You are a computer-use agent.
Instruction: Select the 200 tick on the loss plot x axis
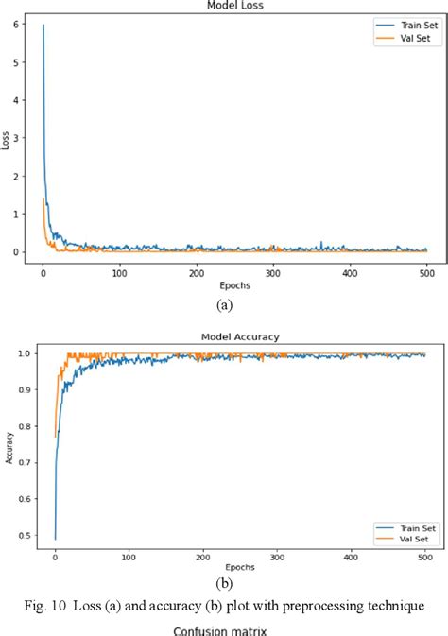point(196,273)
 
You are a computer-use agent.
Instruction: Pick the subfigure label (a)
point(224,304)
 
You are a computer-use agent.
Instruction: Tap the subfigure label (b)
point(224,581)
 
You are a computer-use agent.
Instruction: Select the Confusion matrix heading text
point(223,627)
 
